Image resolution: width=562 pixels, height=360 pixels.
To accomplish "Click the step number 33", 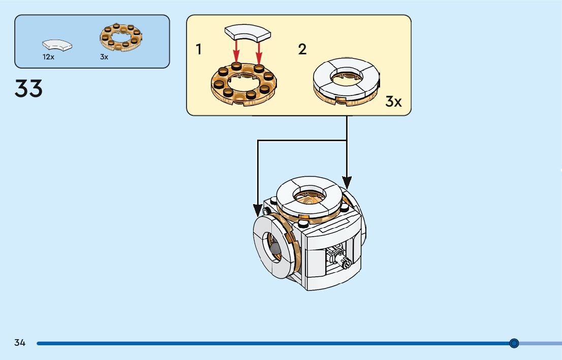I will [x=29, y=88].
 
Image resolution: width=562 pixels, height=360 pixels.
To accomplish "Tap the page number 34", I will [x=20, y=343].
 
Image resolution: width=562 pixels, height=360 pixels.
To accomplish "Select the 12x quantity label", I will [x=48, y=57].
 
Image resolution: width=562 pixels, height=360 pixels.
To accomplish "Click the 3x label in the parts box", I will [x=104, y=57].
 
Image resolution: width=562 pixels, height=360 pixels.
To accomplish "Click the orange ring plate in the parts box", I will [x=120, y=37].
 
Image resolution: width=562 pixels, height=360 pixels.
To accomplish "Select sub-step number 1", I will [x=199, y=49].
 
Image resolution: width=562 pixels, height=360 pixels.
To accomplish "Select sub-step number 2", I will [x=302, y=49].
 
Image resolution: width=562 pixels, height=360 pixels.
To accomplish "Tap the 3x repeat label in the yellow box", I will [x=393, y=102].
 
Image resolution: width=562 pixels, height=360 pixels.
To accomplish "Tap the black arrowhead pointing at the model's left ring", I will [x=258, y=209].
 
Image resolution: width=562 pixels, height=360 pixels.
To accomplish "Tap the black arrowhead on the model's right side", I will [x=347, y=181].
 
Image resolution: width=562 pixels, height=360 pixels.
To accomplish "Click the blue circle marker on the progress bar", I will [x=514, y=343].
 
